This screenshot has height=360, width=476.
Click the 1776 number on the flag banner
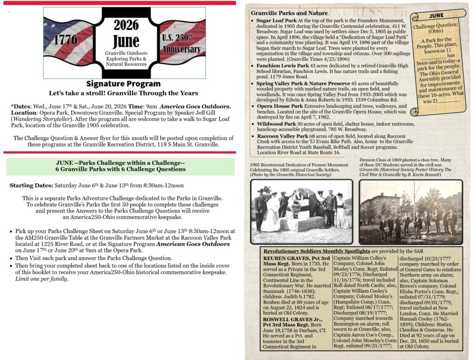[x=66, y=40]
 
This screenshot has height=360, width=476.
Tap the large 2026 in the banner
[x=126, y=25]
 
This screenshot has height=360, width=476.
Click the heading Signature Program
[x=124, y=84]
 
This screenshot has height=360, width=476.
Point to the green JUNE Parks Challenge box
[x=120, y=166]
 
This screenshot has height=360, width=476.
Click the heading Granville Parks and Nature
[x=289, y=13]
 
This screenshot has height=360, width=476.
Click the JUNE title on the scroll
[x=436, y=15]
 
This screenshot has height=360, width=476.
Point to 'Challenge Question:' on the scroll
[x=436, y=27]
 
